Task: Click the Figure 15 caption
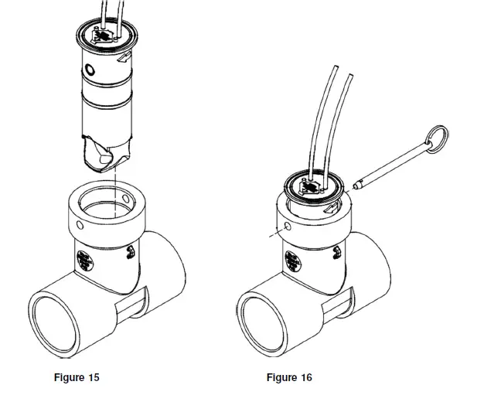[76, 377]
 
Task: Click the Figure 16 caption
[289, 377]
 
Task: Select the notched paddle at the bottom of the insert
[104, 154]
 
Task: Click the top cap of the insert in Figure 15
[106, 35]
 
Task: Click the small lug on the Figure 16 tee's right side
[339, 254]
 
